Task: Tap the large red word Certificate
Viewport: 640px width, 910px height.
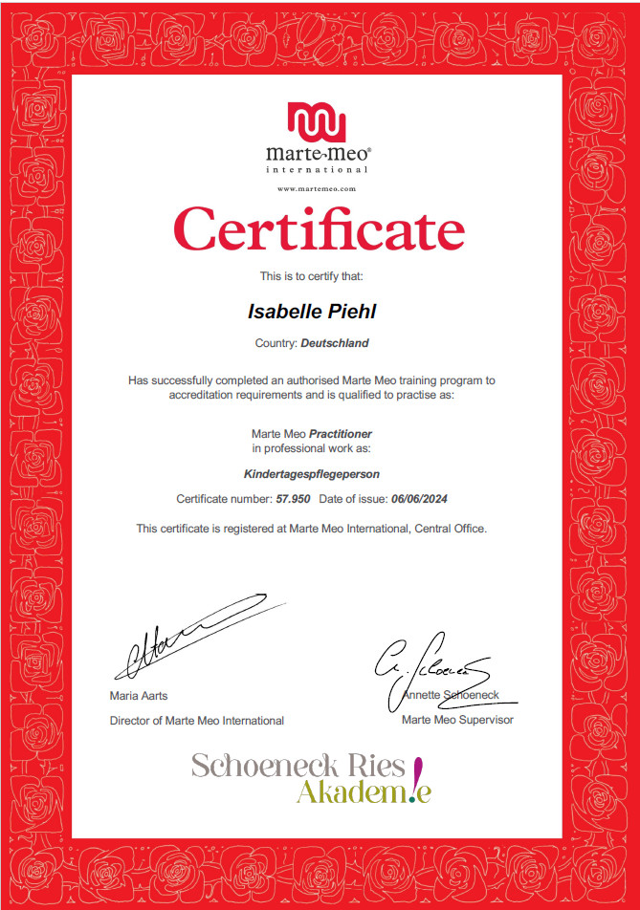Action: pos(319,230)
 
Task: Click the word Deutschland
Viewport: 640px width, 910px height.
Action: pos(334,342)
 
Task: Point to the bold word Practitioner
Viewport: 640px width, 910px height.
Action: pos(341,433)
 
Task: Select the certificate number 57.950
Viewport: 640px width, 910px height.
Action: pos(293,499)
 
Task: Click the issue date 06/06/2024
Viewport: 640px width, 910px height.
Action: pos(420,499)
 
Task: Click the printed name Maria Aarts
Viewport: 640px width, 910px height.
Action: pos(139,696)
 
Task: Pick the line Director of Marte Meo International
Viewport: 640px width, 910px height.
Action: pos(196,721)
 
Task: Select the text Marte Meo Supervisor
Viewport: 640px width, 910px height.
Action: pos(457,719)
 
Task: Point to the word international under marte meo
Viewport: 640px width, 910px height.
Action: pos(317,169)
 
